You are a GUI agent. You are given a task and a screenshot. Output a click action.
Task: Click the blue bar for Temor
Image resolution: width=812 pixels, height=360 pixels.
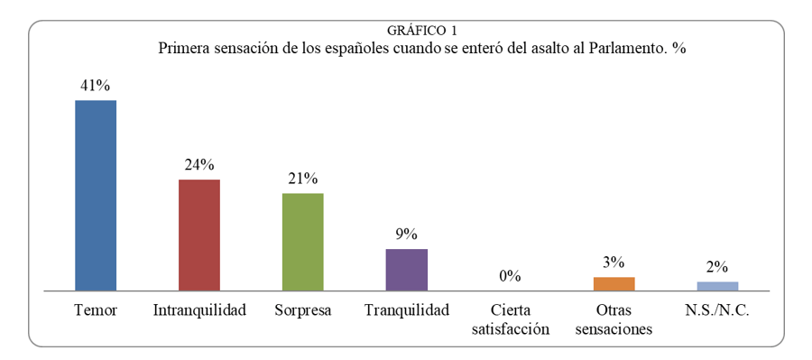tap(96, 195)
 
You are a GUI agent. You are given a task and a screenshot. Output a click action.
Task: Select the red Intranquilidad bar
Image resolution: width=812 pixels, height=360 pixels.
tap(199, 235)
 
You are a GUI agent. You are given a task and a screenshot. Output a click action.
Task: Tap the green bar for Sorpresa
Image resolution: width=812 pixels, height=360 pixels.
tap(303, 242)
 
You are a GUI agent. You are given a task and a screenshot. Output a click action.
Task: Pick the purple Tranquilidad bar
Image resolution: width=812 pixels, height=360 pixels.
tap(407, 270)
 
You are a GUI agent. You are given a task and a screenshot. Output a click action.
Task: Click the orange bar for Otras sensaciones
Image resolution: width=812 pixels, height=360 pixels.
tap(614, 284)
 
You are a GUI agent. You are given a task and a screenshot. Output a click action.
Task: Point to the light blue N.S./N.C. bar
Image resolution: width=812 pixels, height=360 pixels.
tap(718, 286)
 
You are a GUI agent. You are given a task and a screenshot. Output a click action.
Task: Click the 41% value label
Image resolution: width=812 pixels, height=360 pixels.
tap(96, 86)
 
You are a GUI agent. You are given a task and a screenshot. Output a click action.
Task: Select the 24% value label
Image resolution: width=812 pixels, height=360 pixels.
tap(199, 165)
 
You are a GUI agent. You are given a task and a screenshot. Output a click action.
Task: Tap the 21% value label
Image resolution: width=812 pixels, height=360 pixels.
tap(303, 179)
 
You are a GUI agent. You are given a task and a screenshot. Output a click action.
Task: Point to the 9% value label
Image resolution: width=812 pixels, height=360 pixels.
tap(407, 235)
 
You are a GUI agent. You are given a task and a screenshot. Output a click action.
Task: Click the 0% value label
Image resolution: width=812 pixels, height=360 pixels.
tap(510, 276)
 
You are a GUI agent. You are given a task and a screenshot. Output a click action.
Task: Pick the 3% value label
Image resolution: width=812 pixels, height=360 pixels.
tap(614, 263)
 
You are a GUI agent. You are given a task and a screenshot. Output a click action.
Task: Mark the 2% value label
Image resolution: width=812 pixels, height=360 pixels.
tap(718, 267)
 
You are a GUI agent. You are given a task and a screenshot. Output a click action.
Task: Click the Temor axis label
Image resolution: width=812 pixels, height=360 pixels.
tap(96, 310)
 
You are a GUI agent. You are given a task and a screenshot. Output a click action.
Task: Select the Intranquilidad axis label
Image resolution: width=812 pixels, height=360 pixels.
tap(199, 310)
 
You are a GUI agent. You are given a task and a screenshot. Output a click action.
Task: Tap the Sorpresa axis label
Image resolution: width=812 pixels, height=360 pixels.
tap(303, 311)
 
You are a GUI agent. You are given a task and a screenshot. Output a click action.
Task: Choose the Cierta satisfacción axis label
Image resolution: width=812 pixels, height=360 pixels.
tap(511, 319)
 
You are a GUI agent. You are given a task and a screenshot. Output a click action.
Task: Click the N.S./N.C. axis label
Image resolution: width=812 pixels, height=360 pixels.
tap(718, 310)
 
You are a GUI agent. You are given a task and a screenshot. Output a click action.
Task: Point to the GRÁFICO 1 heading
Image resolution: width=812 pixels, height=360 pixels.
tap(422, 31)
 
